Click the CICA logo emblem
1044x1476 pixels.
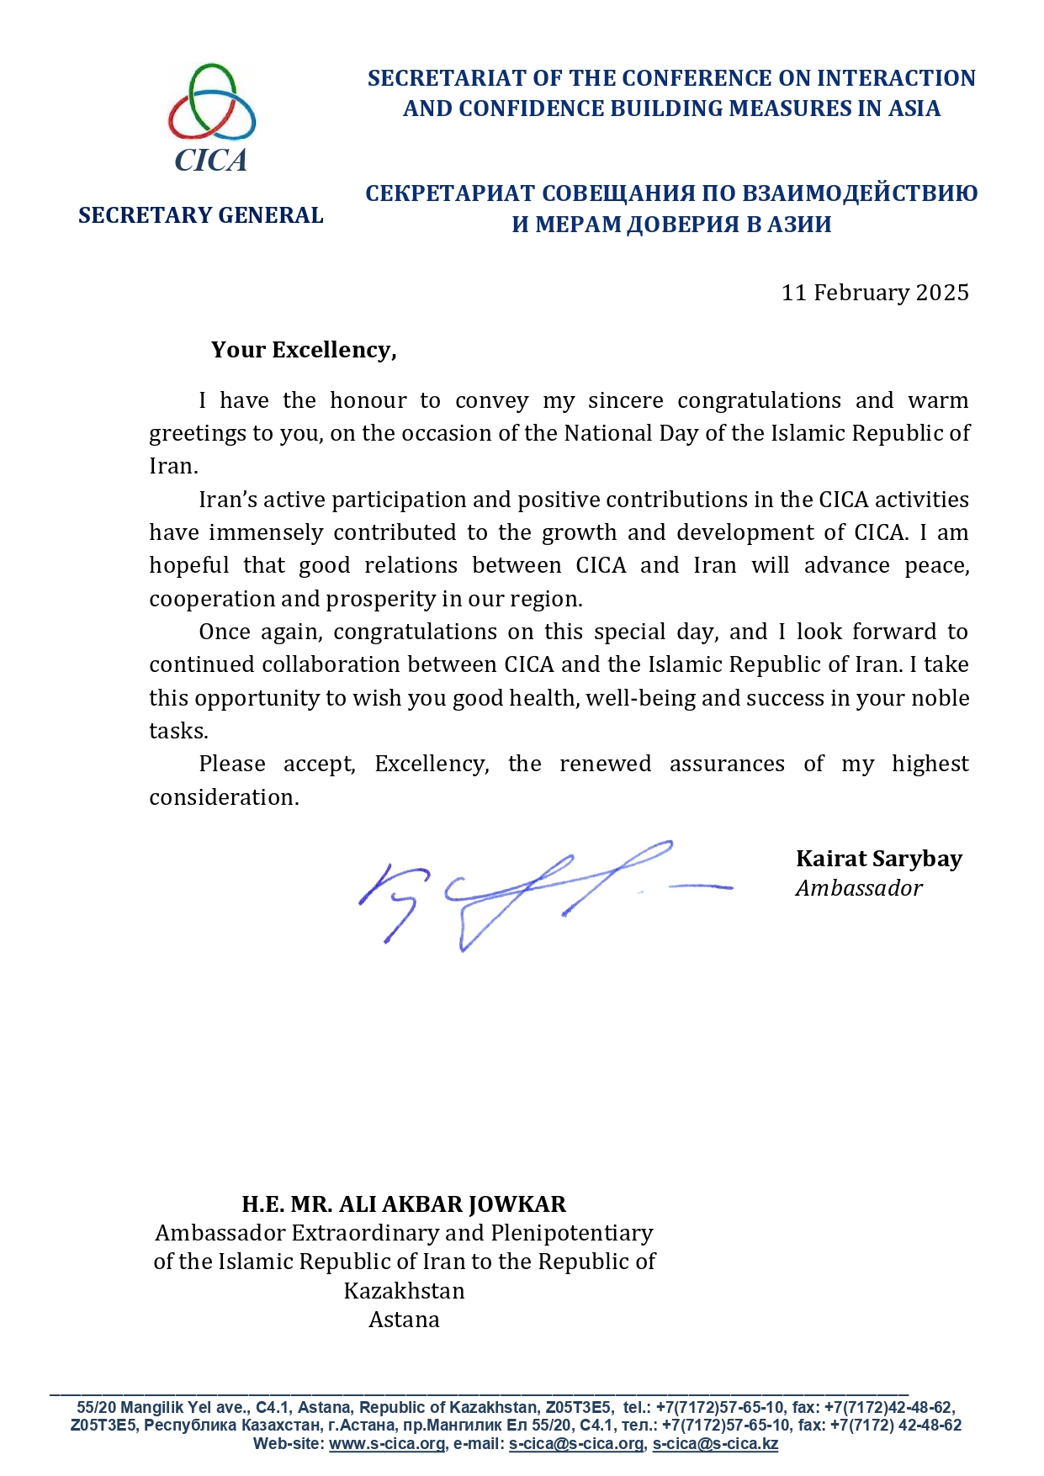coord(211,117)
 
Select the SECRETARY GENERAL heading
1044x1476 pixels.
coord(200,215)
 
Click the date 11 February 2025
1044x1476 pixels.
coord(875,293)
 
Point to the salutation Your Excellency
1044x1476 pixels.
coord(303,350)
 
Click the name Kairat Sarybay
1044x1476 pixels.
coord(878,859)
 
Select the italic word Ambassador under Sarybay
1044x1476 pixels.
coord(858,888)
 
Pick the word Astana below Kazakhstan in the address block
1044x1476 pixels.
coord(404,1320)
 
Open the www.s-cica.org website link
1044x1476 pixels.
coord(386,1444)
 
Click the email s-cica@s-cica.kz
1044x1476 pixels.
coord(715,1444)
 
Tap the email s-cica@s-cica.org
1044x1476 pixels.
coord(576,1444)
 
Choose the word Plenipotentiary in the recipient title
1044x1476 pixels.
coord(572,1233)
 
